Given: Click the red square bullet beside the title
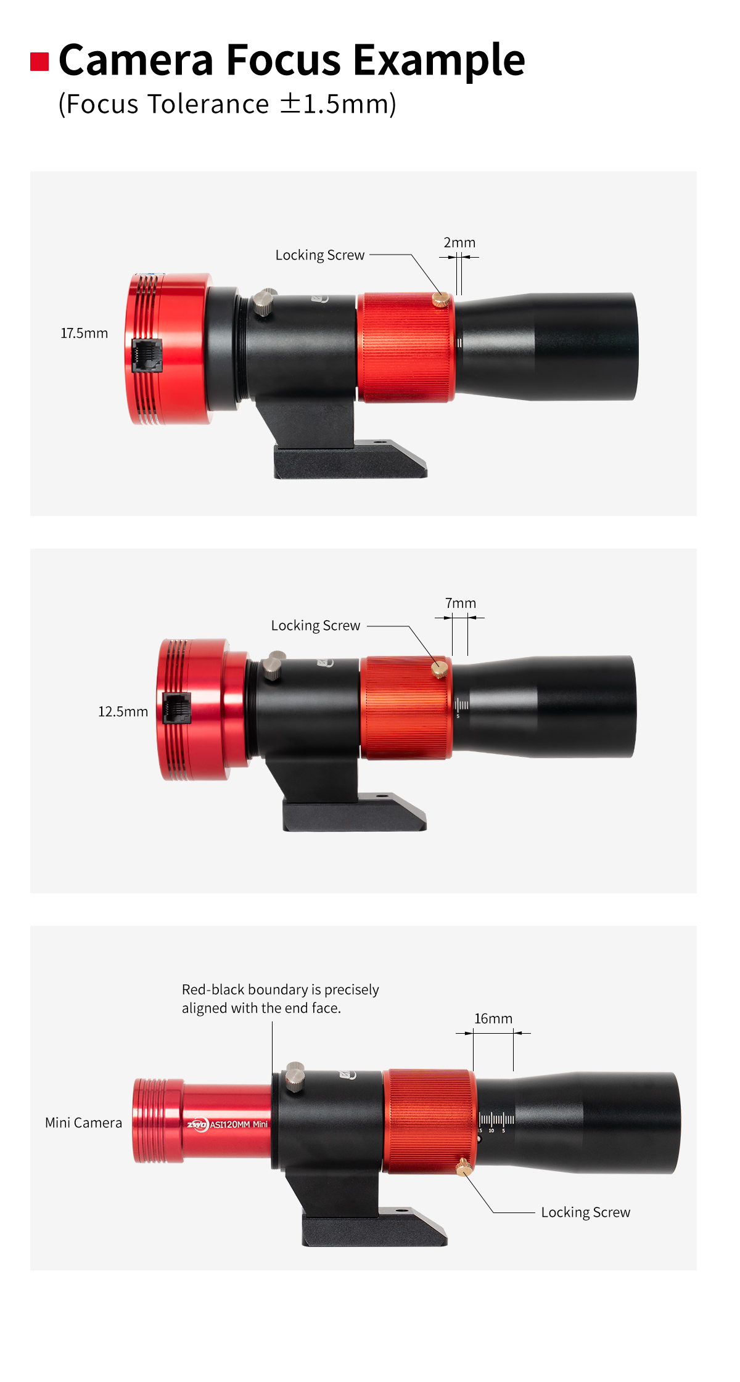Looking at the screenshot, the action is (x=39, y=62).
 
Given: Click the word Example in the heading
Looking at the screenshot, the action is (x=438, y=61).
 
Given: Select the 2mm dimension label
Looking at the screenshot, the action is (x=459, y=243).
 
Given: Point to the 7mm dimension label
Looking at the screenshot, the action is (x=461, y=603).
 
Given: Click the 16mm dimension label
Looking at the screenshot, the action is (x=493, y=1018).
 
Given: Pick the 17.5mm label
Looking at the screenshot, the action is (x=84, y=333).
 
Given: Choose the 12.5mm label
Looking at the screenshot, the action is (x=123, y=712).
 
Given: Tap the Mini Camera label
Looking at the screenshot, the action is (x=84, y=1122).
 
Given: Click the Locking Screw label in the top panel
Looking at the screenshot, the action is (x=320, y=255).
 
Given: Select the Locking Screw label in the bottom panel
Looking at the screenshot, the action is (x=586, y=1212).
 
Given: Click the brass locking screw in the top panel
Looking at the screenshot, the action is (x=440, y=300).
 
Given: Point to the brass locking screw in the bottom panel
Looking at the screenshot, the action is (x=464, y=1167).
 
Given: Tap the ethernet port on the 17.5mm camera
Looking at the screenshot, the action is (x=147, y=355).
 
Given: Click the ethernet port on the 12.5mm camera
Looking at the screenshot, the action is (x=176, y=708).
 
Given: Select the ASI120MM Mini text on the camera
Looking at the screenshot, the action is (x=239, y=1124).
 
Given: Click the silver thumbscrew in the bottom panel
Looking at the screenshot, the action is (x=295, y=1076).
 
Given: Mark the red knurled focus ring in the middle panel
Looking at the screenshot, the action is (x=406, y=708).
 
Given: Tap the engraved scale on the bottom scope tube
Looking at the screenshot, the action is (x=496, y=1122).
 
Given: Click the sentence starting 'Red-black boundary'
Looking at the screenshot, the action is (x=281, y=999).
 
